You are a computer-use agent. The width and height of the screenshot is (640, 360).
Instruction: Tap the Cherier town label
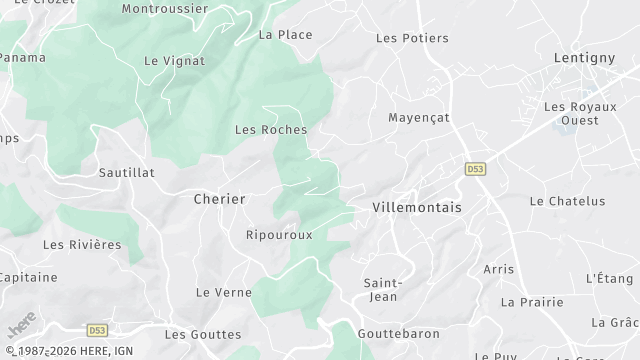pos(219,199)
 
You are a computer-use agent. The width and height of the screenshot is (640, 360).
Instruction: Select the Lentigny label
pos(585,58)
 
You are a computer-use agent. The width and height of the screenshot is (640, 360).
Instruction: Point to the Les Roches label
pos(270,129)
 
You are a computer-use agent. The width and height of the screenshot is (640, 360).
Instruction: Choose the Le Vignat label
pos(174,61)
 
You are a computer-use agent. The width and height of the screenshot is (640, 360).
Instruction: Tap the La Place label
pos(285,34)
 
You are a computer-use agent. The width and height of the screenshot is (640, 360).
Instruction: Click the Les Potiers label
pos(412,38)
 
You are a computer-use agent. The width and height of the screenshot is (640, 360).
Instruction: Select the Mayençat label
pos(419,117)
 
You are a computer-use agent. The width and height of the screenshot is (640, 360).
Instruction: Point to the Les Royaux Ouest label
pos(571,113)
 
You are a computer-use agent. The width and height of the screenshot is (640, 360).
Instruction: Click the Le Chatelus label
pos(567,201)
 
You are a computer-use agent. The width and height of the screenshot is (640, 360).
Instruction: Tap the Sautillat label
pos(127,172)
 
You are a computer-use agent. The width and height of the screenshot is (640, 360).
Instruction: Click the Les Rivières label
pos(82,244)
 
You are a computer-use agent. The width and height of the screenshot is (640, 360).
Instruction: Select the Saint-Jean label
pos(382,290)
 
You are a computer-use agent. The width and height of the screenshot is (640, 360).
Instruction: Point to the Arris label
pos(498,269)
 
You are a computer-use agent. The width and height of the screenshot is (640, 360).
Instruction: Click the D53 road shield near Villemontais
pos(475,171)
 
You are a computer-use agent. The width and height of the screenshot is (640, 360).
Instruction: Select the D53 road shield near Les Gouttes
pos(97,329)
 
